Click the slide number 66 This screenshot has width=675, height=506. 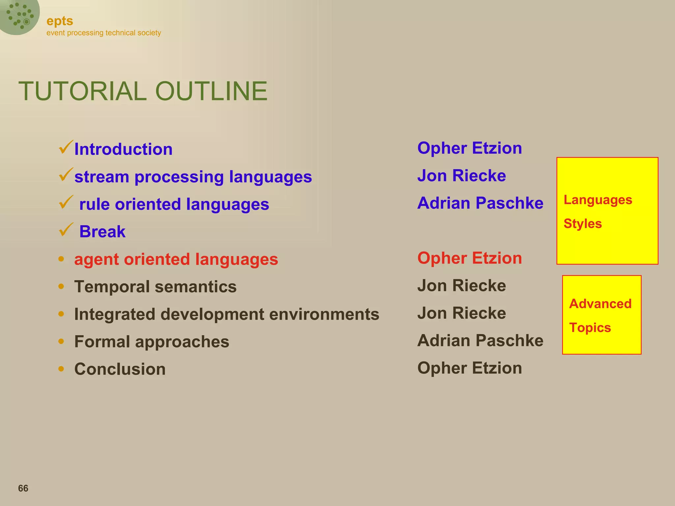(23, 488)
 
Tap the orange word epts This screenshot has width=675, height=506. (60, 21)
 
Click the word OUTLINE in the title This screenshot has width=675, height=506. (211, 91)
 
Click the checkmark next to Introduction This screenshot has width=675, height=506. (66, 147)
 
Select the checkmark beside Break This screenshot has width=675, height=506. (66, 230)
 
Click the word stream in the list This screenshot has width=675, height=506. (102, 177)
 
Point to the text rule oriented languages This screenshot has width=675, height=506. (174, 204)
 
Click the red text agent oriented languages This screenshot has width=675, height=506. (176, 259)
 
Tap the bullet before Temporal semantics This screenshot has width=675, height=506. (61, 286)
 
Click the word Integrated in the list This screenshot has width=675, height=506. (114, 314)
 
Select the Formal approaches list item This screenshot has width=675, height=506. (152, 342)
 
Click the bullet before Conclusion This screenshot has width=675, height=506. (61, 369)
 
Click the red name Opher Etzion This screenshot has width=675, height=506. (469, 258)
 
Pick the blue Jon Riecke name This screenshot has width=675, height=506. (461, 176)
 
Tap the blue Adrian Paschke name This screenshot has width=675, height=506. (480, 203)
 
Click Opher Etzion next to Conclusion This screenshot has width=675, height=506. (469, 368)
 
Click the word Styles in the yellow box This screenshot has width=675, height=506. (582, 224)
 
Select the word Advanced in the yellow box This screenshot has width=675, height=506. (600, 304)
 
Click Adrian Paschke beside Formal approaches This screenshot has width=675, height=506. (480, 341)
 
